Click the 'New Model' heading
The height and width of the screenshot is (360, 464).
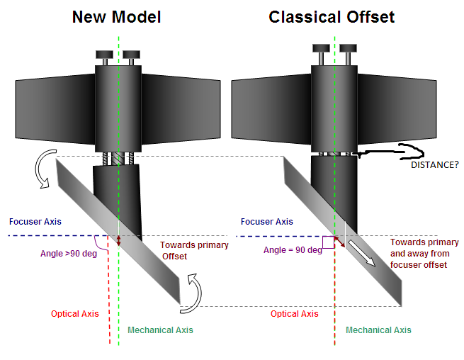[116, 17]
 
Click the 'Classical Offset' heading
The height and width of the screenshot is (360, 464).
[332, 17]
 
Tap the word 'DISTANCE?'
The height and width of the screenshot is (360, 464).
[435, 164]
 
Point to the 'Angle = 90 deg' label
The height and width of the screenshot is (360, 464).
[293, 249]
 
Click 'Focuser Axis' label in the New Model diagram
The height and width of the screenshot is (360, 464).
[35, 222]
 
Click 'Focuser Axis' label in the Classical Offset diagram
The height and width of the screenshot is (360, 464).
[266, 222]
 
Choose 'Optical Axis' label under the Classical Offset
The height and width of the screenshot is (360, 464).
[295, 314]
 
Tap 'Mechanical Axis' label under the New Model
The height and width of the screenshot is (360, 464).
[160, 330]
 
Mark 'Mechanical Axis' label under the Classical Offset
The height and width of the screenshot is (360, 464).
[378, 330]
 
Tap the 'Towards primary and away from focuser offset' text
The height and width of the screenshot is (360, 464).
[424, 254]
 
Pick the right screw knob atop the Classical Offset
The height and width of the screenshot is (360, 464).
[347, 50]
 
